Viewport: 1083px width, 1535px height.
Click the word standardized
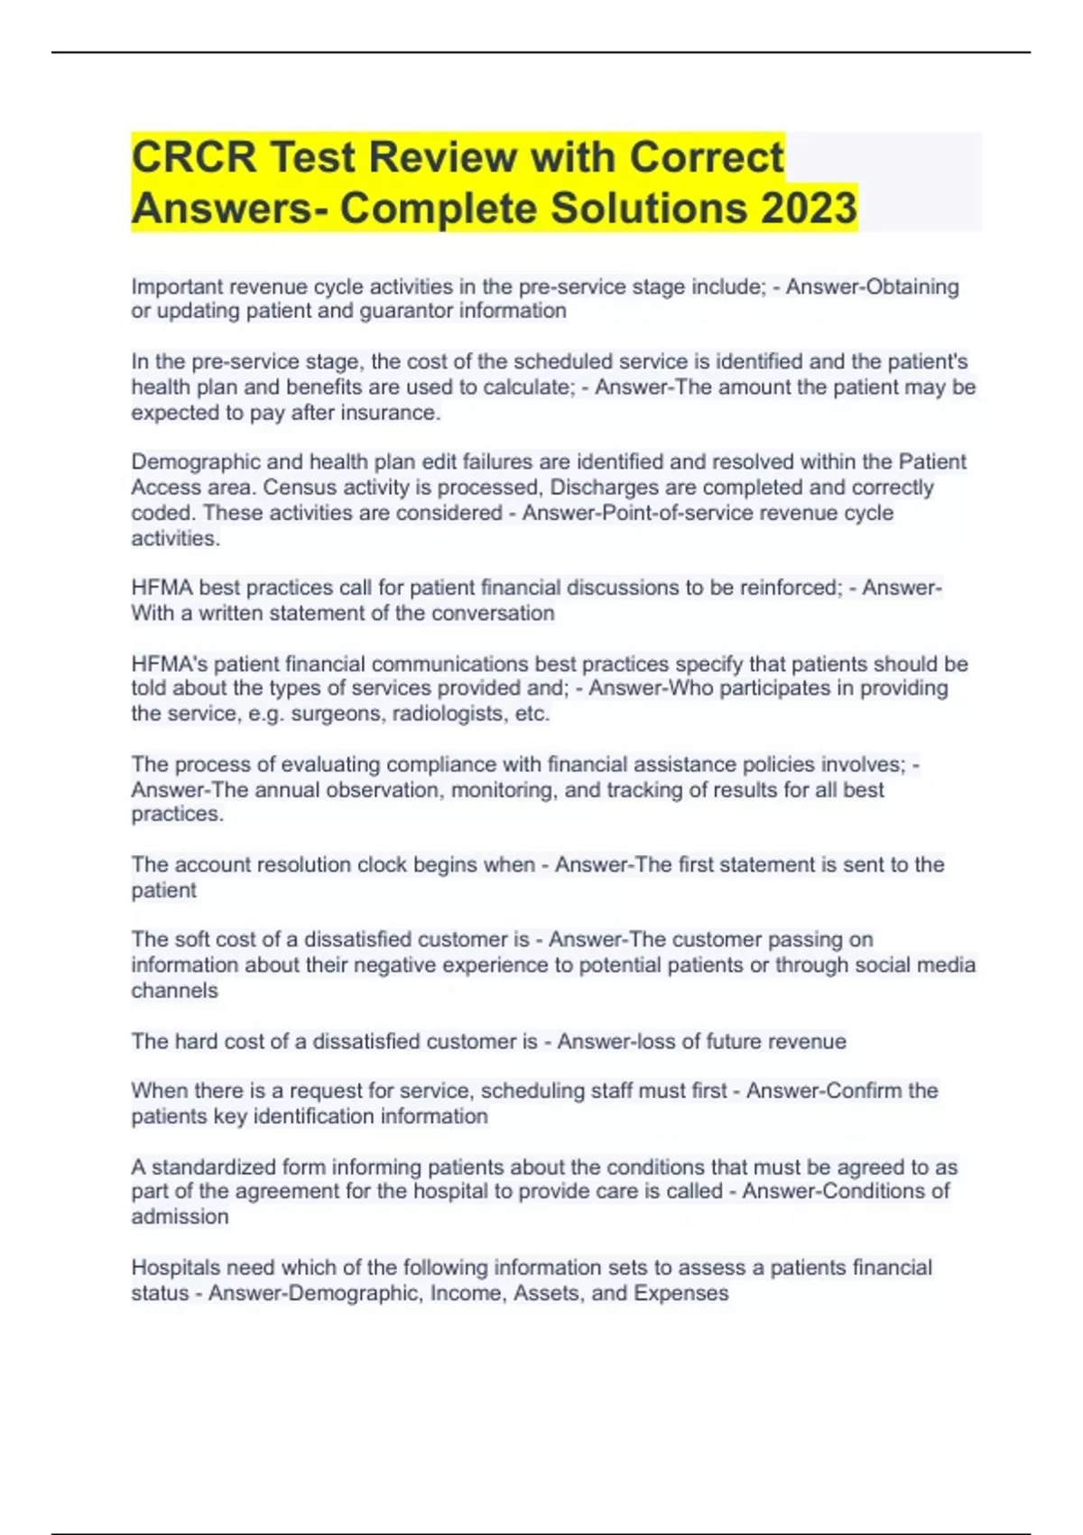pos(213,1167)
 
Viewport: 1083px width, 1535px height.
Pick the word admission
pos(180,1217)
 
